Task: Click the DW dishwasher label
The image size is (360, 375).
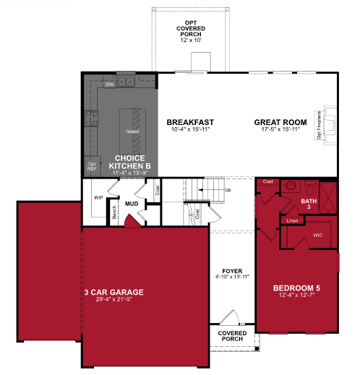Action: tap(110, 85)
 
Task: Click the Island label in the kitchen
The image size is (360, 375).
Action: tap(132, 132)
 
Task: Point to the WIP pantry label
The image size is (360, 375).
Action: tap(100, 197)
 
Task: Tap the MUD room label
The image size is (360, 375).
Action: tap(132, 204)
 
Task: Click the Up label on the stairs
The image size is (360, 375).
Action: tap(228, 191)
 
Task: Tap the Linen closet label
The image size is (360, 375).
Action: tap(291, 220)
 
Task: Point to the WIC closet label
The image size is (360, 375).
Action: tap(317, 235)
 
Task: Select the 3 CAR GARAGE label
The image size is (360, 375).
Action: tap(113, 292)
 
